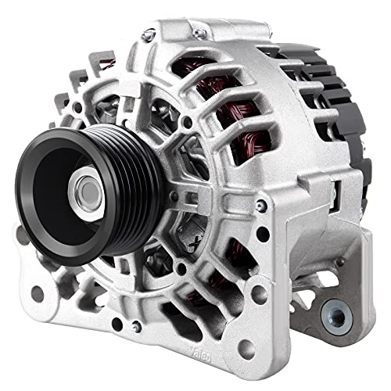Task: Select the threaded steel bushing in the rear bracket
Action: pos(335,315)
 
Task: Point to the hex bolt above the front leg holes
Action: pos(260,205)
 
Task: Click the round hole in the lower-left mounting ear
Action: pos(38,294)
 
